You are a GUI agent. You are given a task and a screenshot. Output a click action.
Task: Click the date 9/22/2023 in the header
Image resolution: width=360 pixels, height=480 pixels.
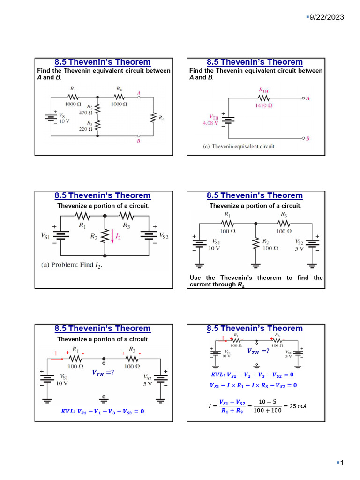[325, 17]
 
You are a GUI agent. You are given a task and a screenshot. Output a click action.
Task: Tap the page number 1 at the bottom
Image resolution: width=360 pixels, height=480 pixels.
[342, 464]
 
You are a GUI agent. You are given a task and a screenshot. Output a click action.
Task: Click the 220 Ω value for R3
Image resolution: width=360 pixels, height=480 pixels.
[86, 128]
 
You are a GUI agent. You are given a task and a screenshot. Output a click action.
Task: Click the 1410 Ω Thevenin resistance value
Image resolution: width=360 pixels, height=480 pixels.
[263, 106]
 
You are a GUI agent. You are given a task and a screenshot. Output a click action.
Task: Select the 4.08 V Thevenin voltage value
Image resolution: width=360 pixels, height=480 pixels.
[210, 123]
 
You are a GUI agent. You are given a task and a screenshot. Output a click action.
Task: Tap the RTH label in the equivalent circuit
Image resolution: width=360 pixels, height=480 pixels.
[263, 89]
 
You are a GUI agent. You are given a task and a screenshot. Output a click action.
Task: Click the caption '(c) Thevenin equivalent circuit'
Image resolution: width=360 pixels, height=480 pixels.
[239, 146]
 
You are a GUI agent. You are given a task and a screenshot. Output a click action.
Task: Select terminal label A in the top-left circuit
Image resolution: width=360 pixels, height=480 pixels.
[139, 93]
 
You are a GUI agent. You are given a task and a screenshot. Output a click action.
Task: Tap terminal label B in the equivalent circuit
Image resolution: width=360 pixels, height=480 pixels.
[307, 139]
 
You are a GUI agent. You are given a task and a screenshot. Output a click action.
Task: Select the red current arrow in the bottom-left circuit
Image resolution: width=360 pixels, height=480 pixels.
[56, 359]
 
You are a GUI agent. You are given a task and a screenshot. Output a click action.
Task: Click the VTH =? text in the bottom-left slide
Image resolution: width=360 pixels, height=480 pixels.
[103, 373]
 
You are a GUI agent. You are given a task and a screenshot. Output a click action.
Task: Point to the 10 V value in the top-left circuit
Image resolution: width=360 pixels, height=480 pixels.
[64, 120]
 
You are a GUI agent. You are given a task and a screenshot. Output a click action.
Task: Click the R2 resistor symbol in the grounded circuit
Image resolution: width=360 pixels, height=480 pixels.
[255, 244]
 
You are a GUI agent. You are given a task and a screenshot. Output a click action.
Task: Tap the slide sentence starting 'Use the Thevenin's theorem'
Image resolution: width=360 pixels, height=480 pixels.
[256, 281]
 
